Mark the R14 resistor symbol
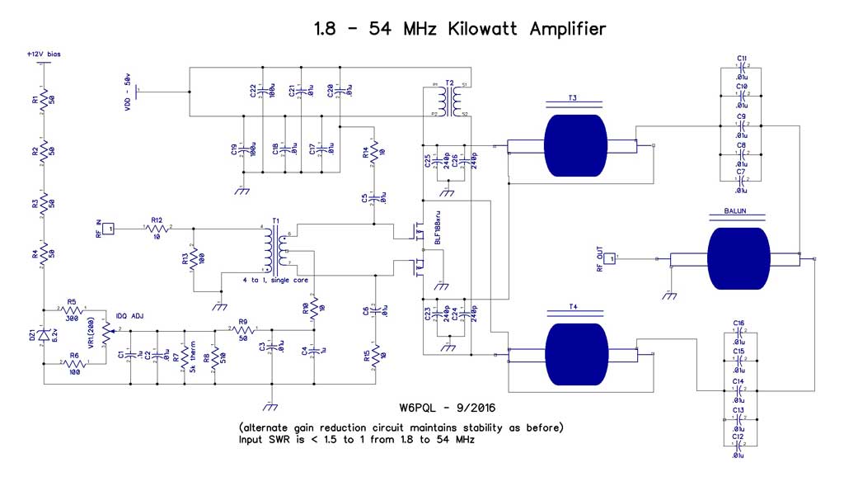point(375,152)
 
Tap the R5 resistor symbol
point(73,312)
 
